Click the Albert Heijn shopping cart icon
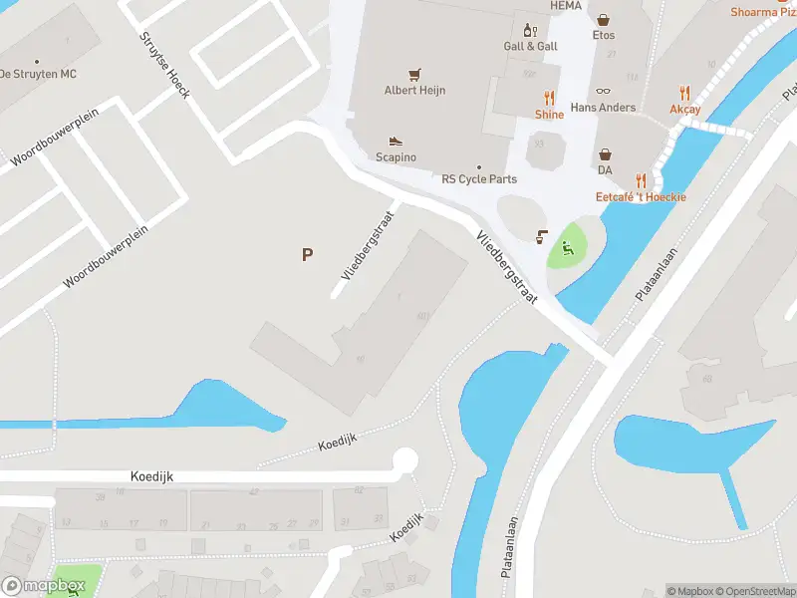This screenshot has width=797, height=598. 414,74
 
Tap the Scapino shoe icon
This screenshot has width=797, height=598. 396,142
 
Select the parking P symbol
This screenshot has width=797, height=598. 307,254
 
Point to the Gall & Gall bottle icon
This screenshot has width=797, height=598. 530,30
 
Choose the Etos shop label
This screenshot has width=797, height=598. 604,35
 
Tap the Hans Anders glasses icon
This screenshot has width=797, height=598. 604,91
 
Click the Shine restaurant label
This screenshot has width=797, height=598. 549,115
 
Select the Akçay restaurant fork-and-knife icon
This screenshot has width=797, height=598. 684,92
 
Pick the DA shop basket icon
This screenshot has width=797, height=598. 605,154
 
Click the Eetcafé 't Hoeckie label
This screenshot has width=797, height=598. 641,197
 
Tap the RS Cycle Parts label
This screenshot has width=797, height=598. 479,179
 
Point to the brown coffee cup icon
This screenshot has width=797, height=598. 542,236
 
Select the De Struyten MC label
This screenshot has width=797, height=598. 38,75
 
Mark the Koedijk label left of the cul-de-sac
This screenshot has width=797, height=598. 151,476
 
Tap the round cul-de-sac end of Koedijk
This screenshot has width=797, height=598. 404,460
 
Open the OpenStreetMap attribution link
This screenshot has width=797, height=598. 753,591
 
